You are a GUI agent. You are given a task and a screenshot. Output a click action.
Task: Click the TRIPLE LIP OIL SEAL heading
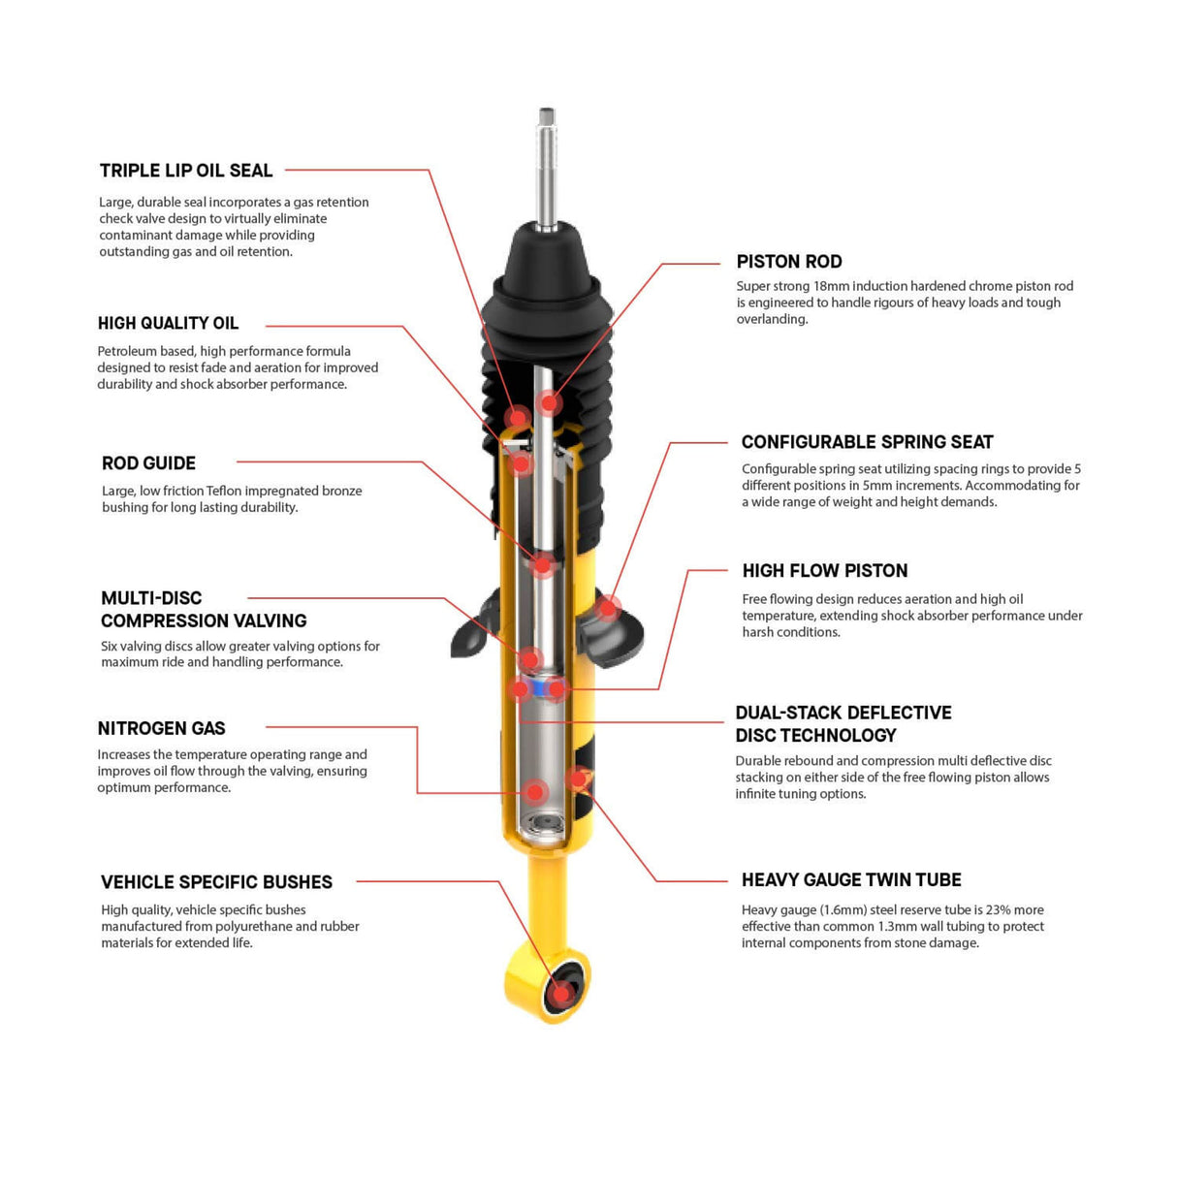(x=186, y=171)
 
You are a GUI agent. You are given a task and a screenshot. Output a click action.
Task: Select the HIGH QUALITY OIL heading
(x=168, y=324)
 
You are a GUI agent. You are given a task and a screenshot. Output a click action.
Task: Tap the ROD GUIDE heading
(x=148, y=463)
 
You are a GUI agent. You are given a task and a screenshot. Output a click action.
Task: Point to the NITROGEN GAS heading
(x=161, y=728)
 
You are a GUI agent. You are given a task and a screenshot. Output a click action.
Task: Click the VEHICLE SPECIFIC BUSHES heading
(x=216, y=882)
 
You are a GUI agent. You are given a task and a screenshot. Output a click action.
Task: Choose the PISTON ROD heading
(x=788, y=262)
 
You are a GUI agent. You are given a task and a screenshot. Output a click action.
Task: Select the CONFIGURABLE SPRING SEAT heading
(x=867, y=442)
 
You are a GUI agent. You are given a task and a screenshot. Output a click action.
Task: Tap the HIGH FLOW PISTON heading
(x=824, y=571)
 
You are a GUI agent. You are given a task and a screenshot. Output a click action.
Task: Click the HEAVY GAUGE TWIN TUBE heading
(x=851, y=880)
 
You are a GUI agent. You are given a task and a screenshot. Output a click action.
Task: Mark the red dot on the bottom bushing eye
(x=559, y=993)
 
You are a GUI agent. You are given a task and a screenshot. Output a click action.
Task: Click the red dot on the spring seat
(x=608, y=608)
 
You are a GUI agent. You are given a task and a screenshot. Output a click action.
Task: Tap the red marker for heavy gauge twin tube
(x=578, y=778)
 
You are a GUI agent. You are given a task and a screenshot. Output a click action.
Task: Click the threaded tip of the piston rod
(x=548, y=119)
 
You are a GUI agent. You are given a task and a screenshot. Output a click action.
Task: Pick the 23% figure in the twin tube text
(x=999, y=910)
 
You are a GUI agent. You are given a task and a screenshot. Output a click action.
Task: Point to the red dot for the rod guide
(x=543, y=564)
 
